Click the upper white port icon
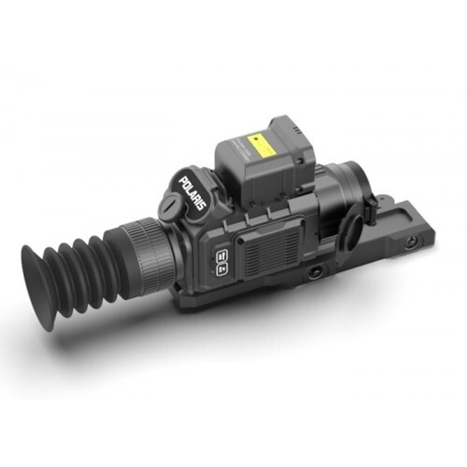(x=221, y=255)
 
